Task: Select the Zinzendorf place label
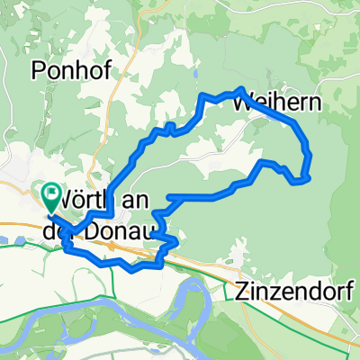pos(295,291)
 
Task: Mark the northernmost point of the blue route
pos(241,88)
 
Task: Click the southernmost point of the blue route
pos(132,269)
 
